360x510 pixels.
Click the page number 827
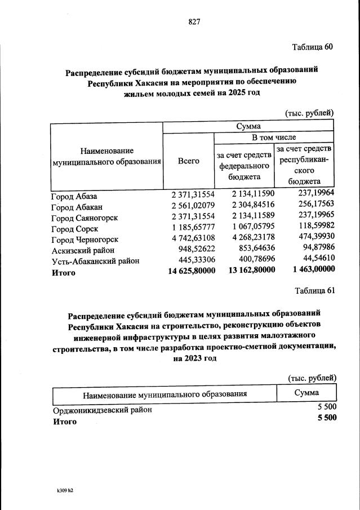[x=194, y=22]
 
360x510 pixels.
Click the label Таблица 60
[x=313, y=47]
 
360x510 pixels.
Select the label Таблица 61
[x=314, y=290]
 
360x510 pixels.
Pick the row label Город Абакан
[x=77, y=207]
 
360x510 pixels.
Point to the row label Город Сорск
[x=74, y=229]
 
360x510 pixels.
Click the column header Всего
[x=189, y=161]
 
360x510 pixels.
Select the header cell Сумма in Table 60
[x=248, y=126]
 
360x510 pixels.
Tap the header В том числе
[x=273, y=137]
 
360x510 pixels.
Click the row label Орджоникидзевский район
[x=102, y=410]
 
